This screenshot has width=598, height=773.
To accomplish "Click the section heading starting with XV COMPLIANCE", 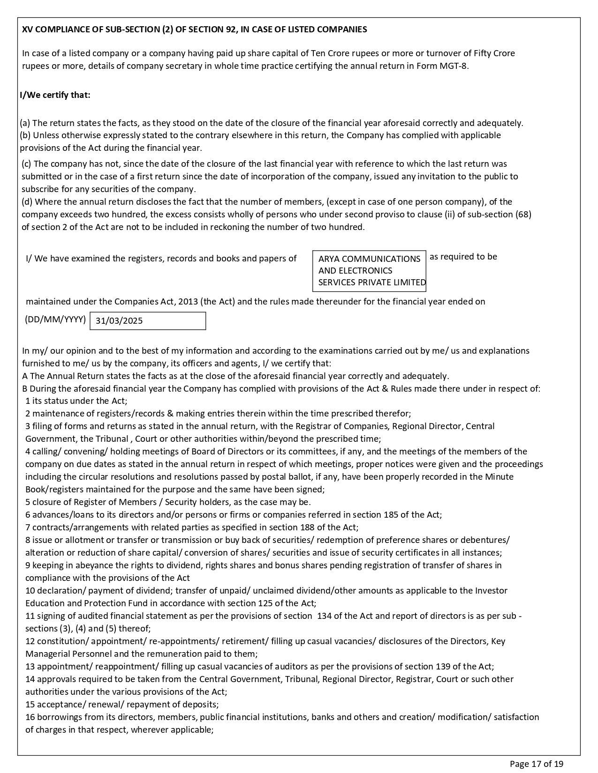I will [x=195, y=30].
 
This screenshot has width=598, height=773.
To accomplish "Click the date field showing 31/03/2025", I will [x=147, y=321].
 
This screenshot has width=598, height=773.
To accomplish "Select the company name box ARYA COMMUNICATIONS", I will [x=369, y=271].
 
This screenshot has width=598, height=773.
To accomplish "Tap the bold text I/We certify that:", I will [x=55, y=95].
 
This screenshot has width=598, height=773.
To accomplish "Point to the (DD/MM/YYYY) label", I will [x=55, y=320].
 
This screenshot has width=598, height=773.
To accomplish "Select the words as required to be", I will [x=463, y=257].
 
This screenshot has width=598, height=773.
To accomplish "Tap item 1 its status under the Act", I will [x=76, y=401].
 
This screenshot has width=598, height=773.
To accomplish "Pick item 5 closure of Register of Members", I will [x=168, y=502].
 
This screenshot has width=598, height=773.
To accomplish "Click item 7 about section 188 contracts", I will [x=192, y=528].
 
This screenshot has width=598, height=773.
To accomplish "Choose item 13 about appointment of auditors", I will [x=259, y=667].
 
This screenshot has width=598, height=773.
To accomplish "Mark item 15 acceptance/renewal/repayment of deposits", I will [x=122, y=705].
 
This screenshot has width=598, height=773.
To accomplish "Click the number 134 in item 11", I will [x=325, y=616].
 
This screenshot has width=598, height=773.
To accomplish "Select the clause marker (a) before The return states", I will [x=25, y=123].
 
